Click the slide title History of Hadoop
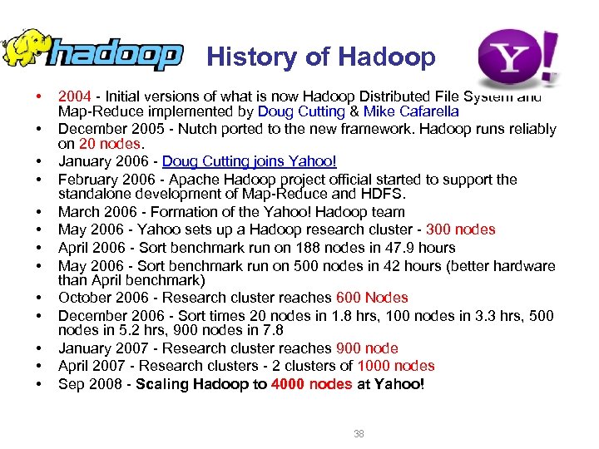click(x=320, y=57)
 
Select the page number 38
click(x=358, y=433)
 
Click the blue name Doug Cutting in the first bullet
click(x=300, y=111)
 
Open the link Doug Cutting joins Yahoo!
click(x=249, y=161)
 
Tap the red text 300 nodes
click(x=460, y=229)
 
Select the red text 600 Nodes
click(x=372, y=298)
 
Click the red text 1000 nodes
click(x=396, y=366)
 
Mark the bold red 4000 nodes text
click(x=311, y=384)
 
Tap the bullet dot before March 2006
click(x=39, y=213)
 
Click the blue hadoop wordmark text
click(x=116, y=56)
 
